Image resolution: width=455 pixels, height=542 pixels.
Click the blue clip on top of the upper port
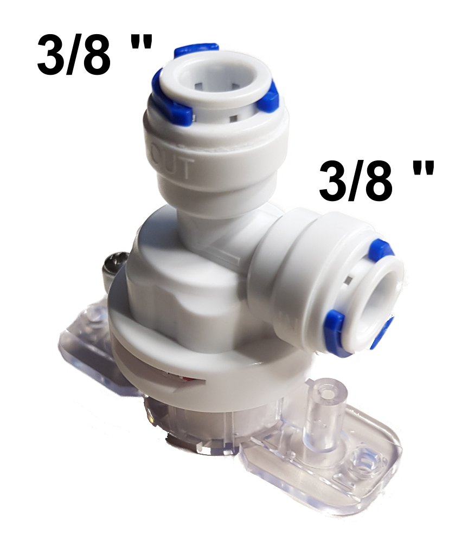(196, 50)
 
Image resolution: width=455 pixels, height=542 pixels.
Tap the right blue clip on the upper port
(267, 98)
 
